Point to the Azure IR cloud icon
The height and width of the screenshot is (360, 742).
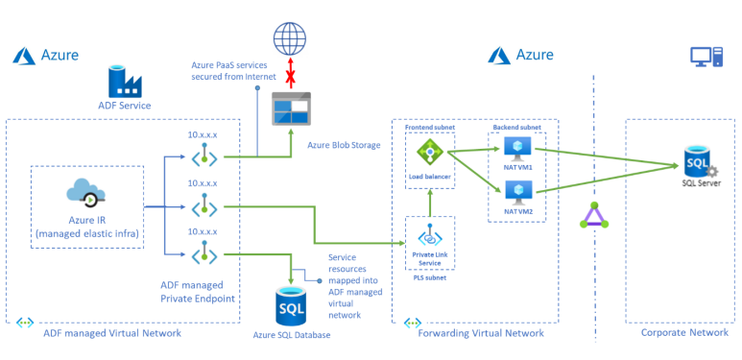pos(87,192)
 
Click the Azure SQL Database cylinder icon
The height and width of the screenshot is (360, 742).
pos(292,304)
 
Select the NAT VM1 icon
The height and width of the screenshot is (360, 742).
pos(518,146)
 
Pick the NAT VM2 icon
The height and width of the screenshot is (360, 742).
pos(518,191)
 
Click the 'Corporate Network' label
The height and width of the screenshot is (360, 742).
pos(684,333)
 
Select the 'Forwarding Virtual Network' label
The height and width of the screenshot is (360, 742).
pos(482,333)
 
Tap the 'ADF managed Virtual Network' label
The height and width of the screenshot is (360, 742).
pos(112,333)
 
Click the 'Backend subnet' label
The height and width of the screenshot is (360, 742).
pos(516,127)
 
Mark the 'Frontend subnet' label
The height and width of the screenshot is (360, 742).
pos(427,127)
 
